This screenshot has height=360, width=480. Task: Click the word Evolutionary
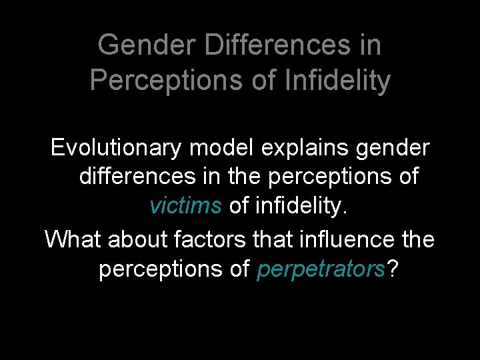point(115,148)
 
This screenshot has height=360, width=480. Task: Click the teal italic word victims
point(185,206)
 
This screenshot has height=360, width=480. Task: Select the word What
point(71,238)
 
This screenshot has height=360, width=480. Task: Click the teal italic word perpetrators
point(321,269)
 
